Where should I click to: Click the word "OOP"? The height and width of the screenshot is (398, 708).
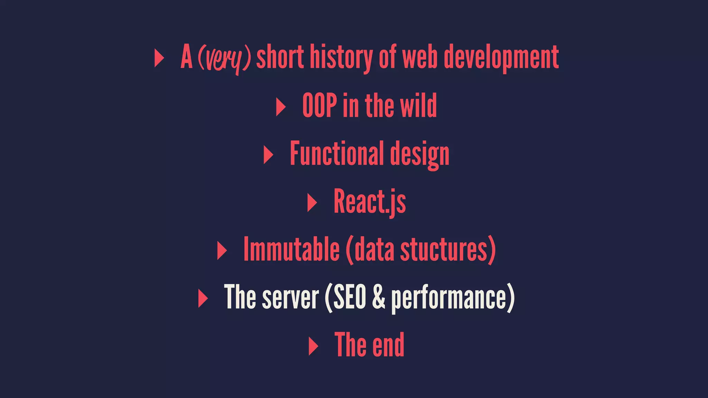click(320, 105)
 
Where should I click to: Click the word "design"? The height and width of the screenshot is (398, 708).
click(420, 155)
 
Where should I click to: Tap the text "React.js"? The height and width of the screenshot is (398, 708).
click(370, 202)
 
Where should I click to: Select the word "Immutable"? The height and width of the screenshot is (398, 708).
click(291, 249)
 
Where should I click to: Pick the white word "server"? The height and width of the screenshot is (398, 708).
click(290, 297)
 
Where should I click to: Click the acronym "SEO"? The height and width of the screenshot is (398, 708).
click(350, 297)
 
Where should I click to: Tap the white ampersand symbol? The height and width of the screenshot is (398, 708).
click(379, 297)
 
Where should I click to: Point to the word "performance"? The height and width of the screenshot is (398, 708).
click(449, 298)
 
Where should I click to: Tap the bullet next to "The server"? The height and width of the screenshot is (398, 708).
click(203, 298)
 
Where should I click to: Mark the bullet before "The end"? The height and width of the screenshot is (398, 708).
click(313, 346)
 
